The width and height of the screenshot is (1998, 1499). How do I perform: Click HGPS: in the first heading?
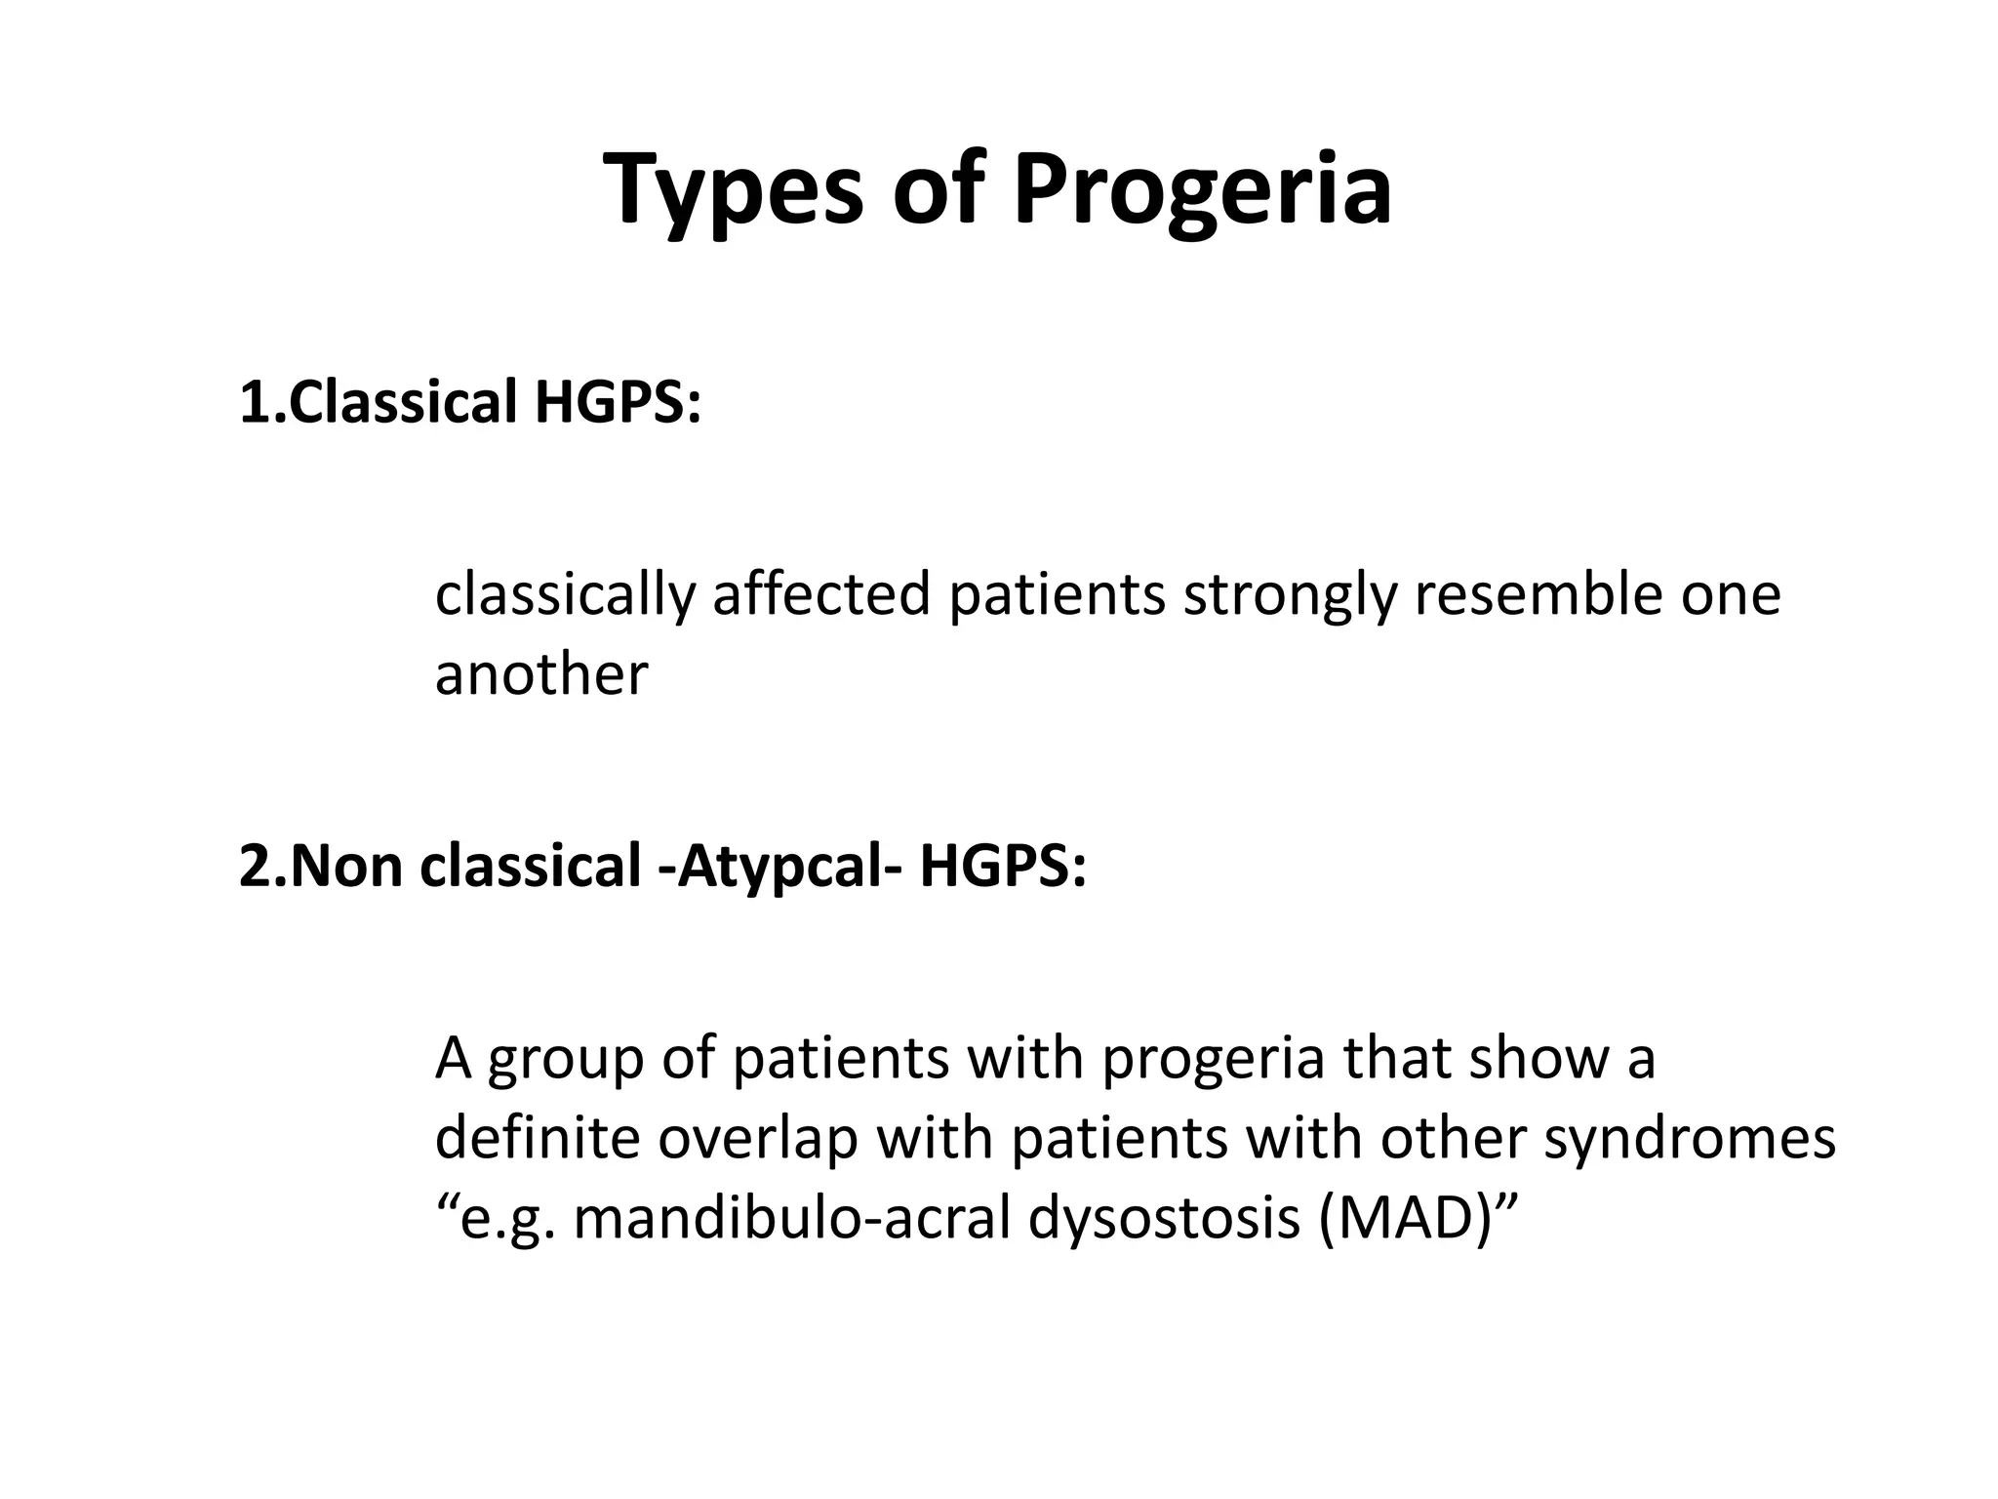coord(618,401)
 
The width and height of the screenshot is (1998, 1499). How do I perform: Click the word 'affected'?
coord(821,595)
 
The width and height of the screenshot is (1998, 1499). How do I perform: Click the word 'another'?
coord(541,674)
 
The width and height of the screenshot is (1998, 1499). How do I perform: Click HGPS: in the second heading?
coord(1002,866)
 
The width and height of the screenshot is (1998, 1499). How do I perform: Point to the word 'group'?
coord(566,1060)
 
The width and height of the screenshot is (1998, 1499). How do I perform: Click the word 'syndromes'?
coord(1689,1139)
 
